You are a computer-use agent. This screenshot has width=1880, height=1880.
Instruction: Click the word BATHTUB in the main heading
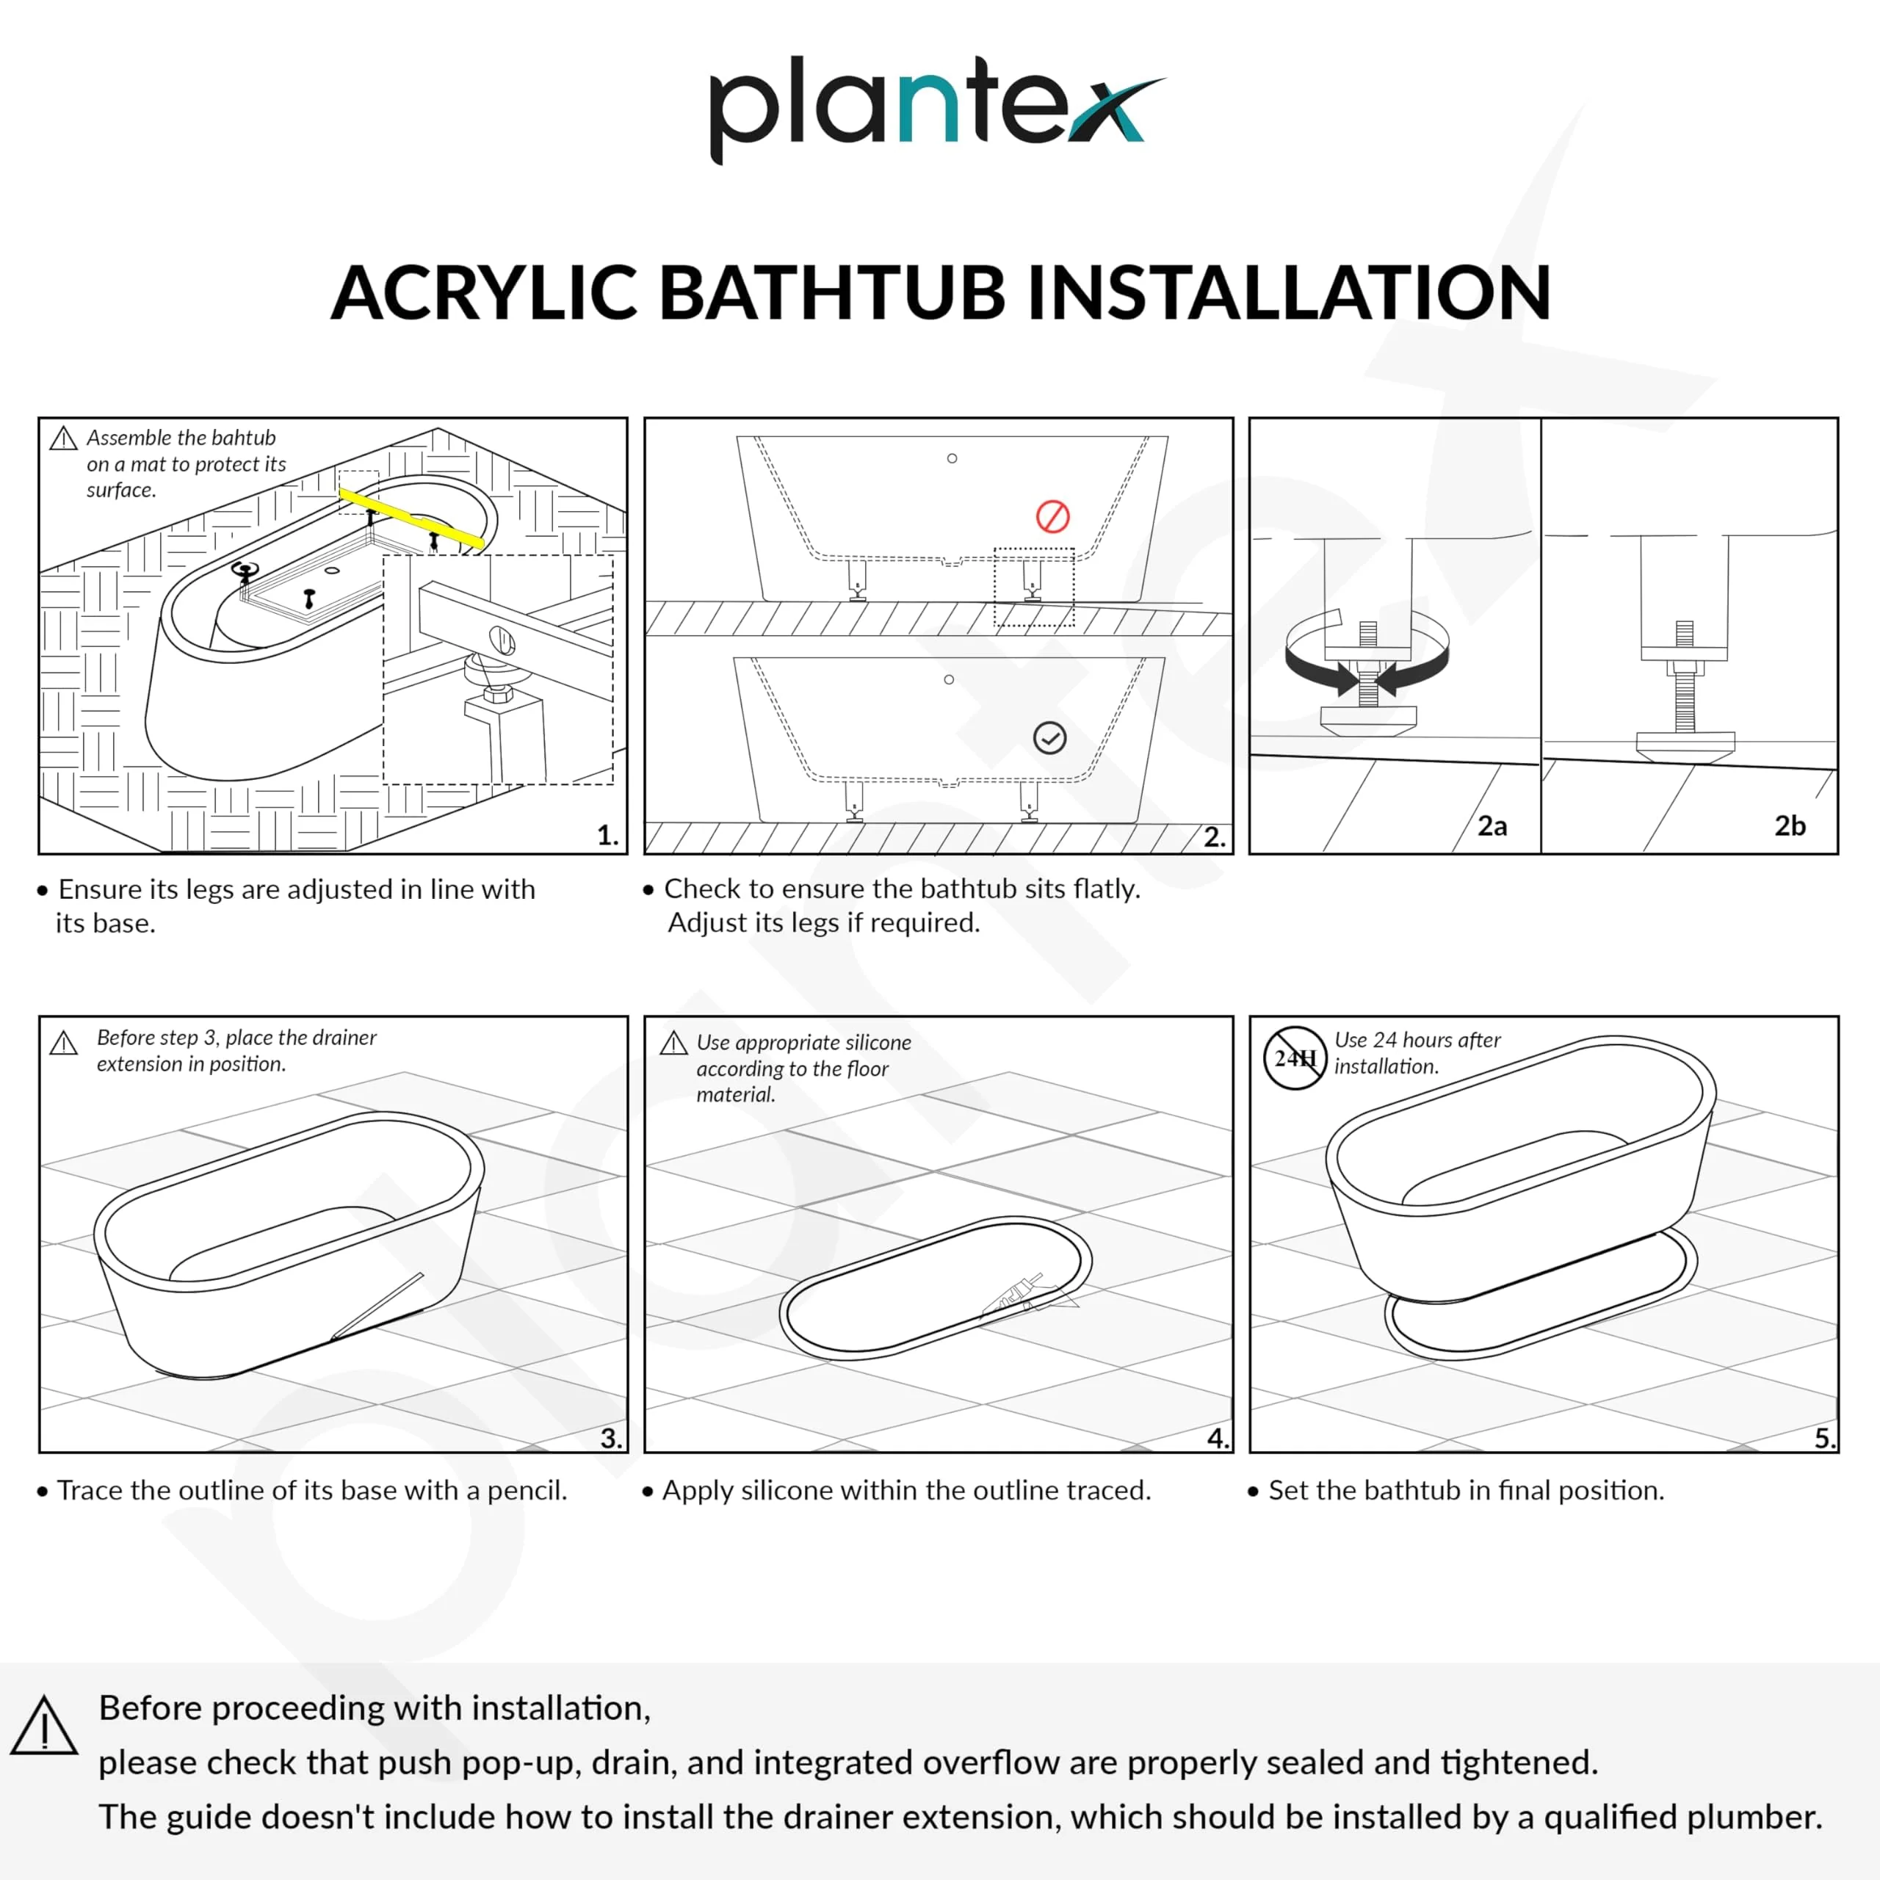832,293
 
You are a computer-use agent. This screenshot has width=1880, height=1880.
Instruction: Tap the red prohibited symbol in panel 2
1052,517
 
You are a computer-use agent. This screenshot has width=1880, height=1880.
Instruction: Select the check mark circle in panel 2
1049,737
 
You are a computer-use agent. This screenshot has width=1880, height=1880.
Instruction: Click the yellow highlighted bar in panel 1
411,518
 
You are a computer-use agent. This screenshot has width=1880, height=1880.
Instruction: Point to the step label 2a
1492,826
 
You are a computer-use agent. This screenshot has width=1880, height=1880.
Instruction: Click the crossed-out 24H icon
1294,1057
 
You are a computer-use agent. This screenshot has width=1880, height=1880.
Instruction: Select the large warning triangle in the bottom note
45,1727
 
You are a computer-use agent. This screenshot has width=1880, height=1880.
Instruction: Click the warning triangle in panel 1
63,439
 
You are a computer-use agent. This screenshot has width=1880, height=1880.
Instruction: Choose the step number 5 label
1823,1437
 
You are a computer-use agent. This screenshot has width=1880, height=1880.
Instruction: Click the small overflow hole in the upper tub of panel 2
952,458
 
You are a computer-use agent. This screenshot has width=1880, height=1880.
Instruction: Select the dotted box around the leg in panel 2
1033,587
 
